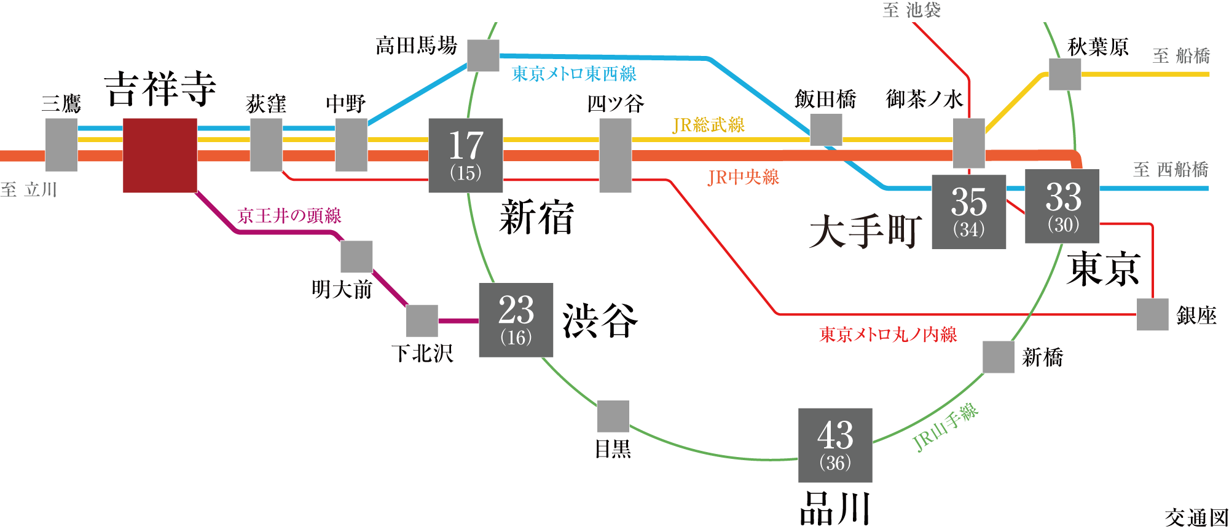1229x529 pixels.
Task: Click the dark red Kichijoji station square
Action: tap(160, 155)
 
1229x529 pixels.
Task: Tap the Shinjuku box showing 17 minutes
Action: tap(465, 155)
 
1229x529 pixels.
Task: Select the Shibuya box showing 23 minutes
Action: tap(516, 320)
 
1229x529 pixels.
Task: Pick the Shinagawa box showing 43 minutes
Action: tap(835, 445)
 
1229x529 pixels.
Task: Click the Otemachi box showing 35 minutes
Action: tap(968, 212)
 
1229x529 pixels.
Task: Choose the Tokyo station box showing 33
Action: tap(1062, 206)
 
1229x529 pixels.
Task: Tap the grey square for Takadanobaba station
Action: tap(483, 55)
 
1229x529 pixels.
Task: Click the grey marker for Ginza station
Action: tap(1152, 314)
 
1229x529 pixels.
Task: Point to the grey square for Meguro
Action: tap(613, 416)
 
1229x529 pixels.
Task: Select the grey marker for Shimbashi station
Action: tap(998, 357)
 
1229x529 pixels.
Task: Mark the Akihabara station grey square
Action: tap(1064, 74)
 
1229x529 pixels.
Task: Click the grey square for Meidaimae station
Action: tap(356, 257)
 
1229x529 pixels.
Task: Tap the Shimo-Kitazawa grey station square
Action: tap(422, 320)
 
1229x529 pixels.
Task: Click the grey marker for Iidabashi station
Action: tap(826, 130)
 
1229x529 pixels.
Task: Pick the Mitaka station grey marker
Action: tap(61, 145)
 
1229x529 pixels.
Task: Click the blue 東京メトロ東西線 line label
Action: tap(574, 74)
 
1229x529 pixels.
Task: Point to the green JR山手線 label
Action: tap(945, 427)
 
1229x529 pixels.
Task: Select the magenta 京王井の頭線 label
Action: tap(289, 216)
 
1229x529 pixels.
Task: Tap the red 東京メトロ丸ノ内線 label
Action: tap(888, 335)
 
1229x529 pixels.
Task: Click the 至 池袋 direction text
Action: tap(911, 10)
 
